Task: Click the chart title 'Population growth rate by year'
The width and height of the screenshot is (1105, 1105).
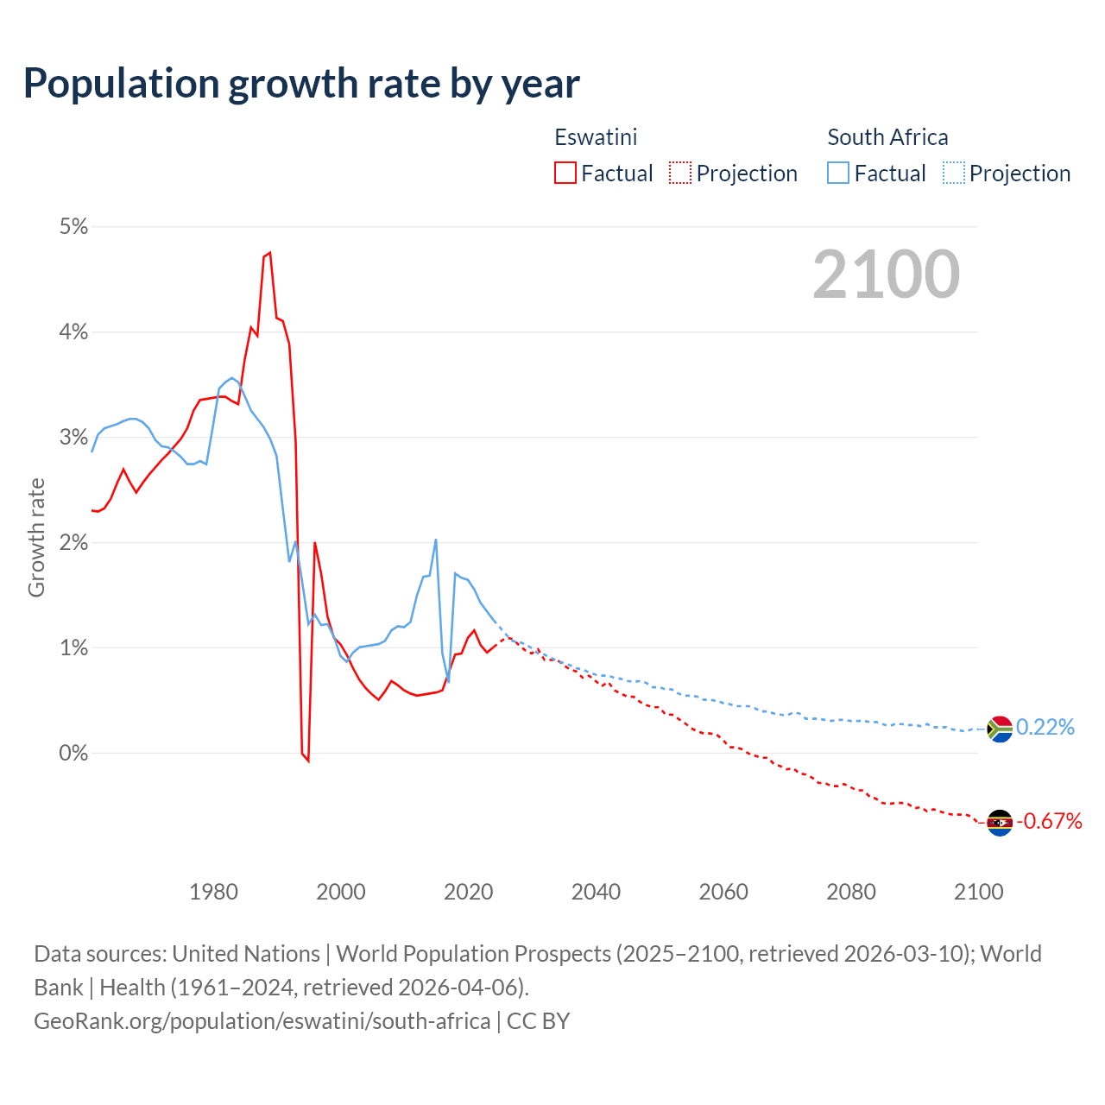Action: pos(301,84)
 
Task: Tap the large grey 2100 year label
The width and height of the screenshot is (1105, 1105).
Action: pos(886,275)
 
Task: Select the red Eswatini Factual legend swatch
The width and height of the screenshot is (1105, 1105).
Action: pos(565,173)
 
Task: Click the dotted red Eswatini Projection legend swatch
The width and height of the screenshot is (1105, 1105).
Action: pos(680,173)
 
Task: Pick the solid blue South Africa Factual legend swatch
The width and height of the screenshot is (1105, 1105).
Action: pos(838,173)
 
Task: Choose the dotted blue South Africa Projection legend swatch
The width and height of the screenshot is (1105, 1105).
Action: pos(954,173)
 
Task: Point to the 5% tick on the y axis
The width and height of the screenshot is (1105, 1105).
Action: pos(73,227)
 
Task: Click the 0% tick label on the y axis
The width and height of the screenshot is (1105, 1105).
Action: pos(73,753)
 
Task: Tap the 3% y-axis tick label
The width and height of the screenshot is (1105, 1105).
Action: pos(73,438)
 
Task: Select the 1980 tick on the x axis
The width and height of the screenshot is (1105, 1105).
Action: pos(213,892)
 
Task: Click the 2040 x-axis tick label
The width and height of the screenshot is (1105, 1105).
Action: pos(596,892)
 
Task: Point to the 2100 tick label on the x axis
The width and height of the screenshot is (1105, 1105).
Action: pos(978,892)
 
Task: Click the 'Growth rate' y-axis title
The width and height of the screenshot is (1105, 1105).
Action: pos(36,537)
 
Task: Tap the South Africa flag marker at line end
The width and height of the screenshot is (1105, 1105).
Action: pos(999,729)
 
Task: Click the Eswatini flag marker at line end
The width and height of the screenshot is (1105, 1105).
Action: pos(999,823)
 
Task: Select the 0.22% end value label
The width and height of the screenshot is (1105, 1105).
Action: pos(1045,728)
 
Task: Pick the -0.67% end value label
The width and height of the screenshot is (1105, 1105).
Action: pos(1049,821)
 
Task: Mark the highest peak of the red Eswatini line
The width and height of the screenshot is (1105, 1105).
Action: pos(270,253)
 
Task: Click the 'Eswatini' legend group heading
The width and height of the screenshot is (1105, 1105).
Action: pos(596,137)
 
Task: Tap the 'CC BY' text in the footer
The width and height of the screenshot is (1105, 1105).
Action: pos(538,1021)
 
